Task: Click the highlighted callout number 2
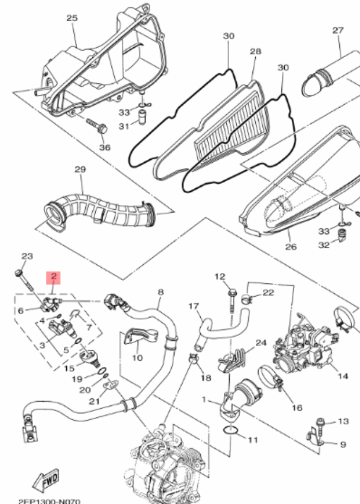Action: tap(53, 276)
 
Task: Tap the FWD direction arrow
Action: tap(46, 480)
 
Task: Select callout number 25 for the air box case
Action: tap(72, 18)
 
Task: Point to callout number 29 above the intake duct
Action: tap(80, 169)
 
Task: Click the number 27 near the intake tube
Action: tap(337, 30)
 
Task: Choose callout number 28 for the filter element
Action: tap(256, 51)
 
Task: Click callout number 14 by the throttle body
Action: tap(343, 376)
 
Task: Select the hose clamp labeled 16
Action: tap(271, 376)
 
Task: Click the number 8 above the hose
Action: tap(161, 292)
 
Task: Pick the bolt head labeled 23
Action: tap(18, 273)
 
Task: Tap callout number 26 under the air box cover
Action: tap(291, 246)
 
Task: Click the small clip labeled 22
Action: tap(247, 300)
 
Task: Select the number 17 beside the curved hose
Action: tap(194, 306)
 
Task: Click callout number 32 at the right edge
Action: tap(324, 244)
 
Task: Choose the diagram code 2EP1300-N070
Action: tap(49, 501)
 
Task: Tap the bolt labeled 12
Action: tap(232, 301)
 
